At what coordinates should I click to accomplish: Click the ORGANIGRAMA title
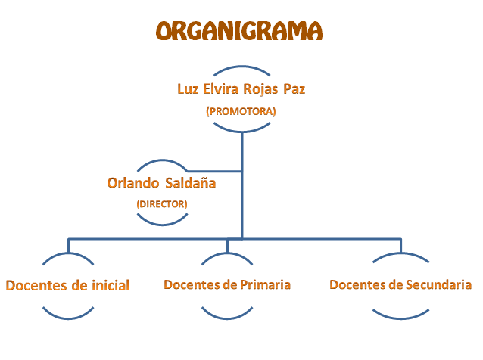click(239, 31)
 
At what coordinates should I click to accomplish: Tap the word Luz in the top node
click(188, 89)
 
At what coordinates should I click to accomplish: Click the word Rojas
click(260, 89)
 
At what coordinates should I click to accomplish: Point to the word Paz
click(294, 89)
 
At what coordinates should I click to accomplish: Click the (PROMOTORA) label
click(241, 111)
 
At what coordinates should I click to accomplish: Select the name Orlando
click(132, 183)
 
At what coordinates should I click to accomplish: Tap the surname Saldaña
click(190, 182)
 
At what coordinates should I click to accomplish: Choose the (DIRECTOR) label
click(162, 204)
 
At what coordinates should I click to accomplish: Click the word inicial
click(111, 285)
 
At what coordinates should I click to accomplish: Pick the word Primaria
click(265, 284)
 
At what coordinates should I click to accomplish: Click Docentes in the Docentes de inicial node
click(36, 286)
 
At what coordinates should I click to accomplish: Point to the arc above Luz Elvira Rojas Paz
click(241, 66)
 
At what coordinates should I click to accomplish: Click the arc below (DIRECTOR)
click(162, 225)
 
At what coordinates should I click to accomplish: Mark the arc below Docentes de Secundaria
click(400, 318)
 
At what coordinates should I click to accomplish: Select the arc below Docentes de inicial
click(68, 318)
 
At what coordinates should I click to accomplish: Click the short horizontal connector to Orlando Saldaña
click(213, 171)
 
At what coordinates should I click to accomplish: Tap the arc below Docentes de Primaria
click(227, 318)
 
